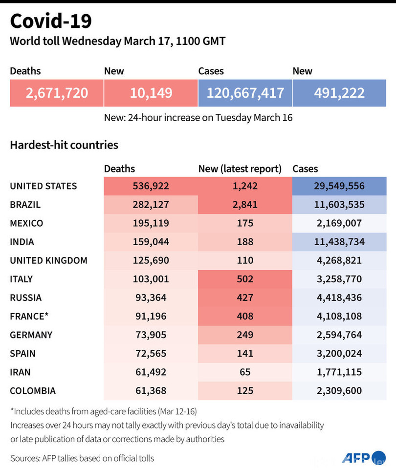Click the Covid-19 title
click(51, 21)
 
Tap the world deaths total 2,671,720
click(57, 93)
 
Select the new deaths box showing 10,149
click(151, 93)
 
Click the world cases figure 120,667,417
click(245, 93)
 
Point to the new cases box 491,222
click(339, 93)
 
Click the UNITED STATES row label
click(44, 186)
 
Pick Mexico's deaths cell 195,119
click(151, 223)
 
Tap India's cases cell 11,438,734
click(339, 242)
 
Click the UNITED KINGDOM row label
click(49, 260)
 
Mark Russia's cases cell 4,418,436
click(339, 298)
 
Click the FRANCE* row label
click(29, 316)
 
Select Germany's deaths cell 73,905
click(151, 335)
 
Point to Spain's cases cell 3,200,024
click(339, 353)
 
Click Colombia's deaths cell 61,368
click(151, 390)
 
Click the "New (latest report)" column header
click(240, 169)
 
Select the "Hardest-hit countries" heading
click(64, 145)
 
